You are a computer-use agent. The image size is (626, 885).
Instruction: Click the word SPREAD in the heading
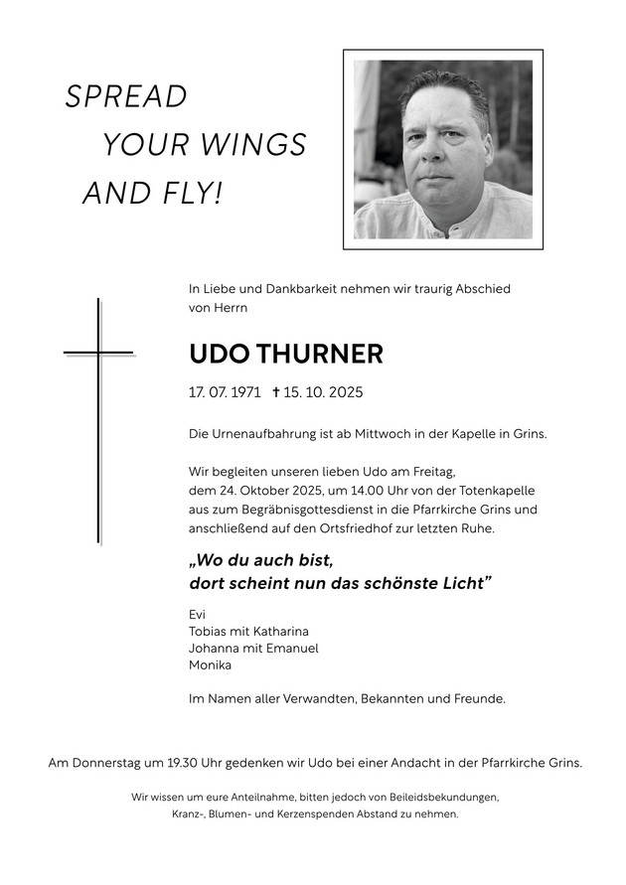tap(126, 97)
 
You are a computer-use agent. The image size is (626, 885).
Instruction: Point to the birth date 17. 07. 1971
tap(225, 392)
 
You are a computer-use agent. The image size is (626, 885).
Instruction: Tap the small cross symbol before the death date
tap(275, 392)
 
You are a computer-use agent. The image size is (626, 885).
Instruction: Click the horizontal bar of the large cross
tap(98, 353)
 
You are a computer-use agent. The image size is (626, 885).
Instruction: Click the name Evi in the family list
tap(198, 614)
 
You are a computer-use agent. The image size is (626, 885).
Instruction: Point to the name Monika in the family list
tap(210, 664)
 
